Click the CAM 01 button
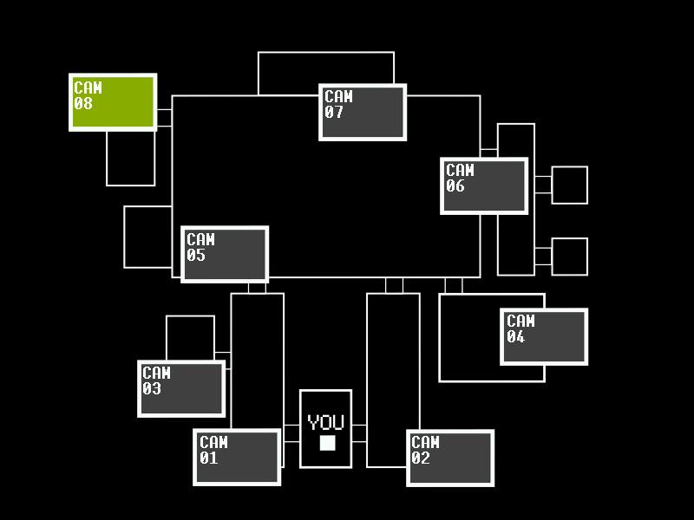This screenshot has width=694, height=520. click(237, 457)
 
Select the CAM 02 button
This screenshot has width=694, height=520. click(450, 458)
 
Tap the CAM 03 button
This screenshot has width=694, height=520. click(181, 388)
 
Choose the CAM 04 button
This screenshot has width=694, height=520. click(544, 336)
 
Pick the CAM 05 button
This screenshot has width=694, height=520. click(225, 254)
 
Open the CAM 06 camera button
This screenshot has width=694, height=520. click(484, 185)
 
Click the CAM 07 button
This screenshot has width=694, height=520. click(363, 112)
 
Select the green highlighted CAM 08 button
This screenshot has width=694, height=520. click(113, 102)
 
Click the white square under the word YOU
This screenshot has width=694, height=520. click(327, 443)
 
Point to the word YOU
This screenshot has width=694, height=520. click(326, 423)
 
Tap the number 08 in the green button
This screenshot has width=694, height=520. click(83, 104)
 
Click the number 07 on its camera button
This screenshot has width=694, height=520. click(335, 113)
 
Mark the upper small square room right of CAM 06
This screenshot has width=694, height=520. click(569, 185)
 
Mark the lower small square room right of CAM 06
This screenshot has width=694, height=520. click(569, 257)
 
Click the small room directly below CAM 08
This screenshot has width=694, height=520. click(131, 158)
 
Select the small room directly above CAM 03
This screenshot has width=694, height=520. click(190, 337)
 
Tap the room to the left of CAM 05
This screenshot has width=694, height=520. click(147, 237)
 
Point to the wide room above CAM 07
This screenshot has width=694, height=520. click(325, 68)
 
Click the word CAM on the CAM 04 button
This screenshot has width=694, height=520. click(521, 322)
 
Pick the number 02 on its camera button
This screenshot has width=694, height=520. click(421, 458)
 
